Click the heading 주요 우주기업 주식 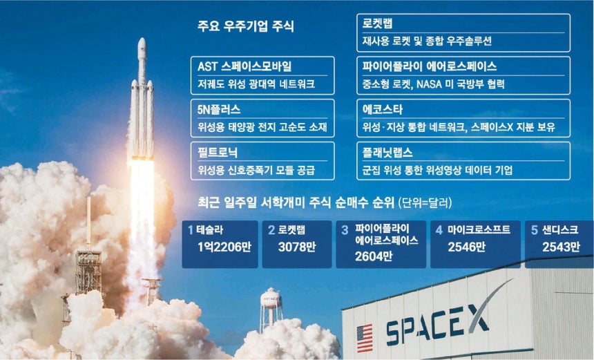pyautogui.click(x=245, y=26)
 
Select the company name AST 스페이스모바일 pyautogui.click(x=245, y=67)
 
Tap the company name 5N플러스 pyautogui.click(x=218, y=109)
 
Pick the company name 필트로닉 pyautogui.click(x=218, y=152)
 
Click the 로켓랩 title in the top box pyautogui.click(x=377, y=24)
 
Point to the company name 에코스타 pyautogui.click(x=382, y=109)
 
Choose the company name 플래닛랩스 pyautogui.click(x=387, y=152)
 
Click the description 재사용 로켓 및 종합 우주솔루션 pyautogui.click(x=427, y=41)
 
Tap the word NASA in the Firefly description pyautogui.click(x=429, y=84)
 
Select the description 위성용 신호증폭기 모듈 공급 pyautogui.click(x=256, y=170)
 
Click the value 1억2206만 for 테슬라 pyautogui.click(x=224, y=247)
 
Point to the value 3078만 pyautogui.click(x=297, y=247)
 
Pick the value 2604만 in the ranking pyautogui.click(x=374, y=256)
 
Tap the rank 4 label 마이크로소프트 pyautogui.click(x=479, y=229)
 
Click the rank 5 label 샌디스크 pyautogui.click(x=560, y=229)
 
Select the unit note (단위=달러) pyautogui.click(x=425, y=203)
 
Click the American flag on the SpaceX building pyautogui.click(x=365, y=338)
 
